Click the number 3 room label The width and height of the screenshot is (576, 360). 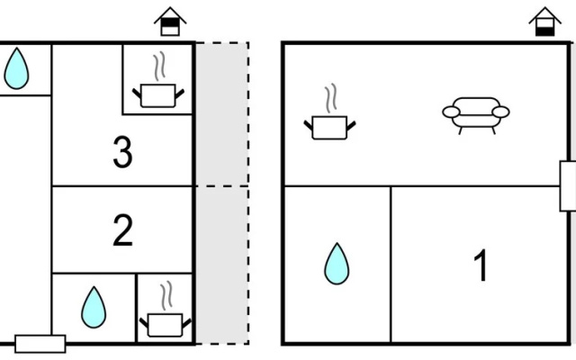(x=122, y=152)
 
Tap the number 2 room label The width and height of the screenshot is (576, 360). (x=122, y=230)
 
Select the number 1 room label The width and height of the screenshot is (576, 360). (x=481, y=265)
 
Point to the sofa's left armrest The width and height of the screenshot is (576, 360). (x=451, y=112)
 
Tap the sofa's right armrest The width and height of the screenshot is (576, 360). (x=500, y=112)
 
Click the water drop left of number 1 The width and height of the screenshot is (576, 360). (x=337, y=264)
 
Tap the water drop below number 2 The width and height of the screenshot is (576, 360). (x=94, y=308)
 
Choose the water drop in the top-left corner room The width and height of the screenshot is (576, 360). (x=16, y=68)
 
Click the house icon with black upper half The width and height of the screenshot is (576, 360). (x=170, y=22)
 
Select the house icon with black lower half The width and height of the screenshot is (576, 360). (x=545, y=22)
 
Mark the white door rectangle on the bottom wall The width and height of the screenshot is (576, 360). (x=40, y=344)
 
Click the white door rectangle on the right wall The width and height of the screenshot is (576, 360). (x=568, y=186)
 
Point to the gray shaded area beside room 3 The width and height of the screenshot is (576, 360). (x=222, y=114)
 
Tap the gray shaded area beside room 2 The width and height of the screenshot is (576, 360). (x=222, y=265)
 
